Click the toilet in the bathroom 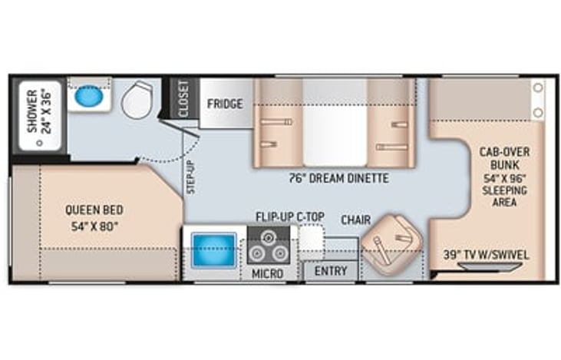137,100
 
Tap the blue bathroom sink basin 89,96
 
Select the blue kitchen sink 214,249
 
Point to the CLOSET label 183,98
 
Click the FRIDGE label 225,104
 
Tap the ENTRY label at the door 331,271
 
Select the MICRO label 268,274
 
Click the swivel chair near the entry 391,244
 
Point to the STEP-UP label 191,177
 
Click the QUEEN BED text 94,210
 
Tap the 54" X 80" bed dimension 94,226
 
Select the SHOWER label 32,111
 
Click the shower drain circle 39,143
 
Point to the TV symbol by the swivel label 490,267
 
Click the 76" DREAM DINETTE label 338,178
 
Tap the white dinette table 335,122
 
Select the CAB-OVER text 504,152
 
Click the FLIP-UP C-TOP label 290,216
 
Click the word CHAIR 355,220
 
